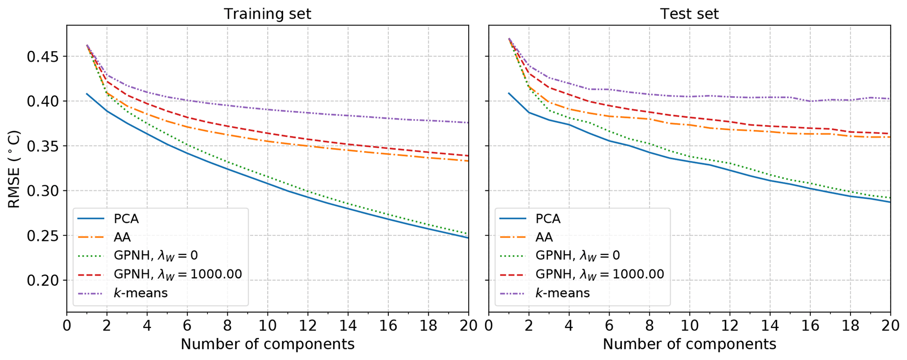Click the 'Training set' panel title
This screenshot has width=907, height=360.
267,14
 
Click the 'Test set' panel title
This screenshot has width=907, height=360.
689,14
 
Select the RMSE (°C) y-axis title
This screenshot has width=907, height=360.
14,169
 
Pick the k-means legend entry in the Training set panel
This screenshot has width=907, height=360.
140,293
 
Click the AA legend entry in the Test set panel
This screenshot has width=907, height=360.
544,238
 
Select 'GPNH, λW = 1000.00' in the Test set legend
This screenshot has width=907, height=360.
599,274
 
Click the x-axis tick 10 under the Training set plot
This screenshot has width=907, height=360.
268,326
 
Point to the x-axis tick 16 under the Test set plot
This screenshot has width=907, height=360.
810,326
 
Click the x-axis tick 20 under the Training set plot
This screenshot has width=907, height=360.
469,326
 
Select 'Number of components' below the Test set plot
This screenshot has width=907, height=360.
689,344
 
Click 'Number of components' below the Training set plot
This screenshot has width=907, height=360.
267,344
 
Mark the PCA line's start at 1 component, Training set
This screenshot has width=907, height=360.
87,94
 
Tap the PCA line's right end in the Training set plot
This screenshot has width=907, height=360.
468,238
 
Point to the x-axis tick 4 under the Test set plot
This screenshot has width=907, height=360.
569,326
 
